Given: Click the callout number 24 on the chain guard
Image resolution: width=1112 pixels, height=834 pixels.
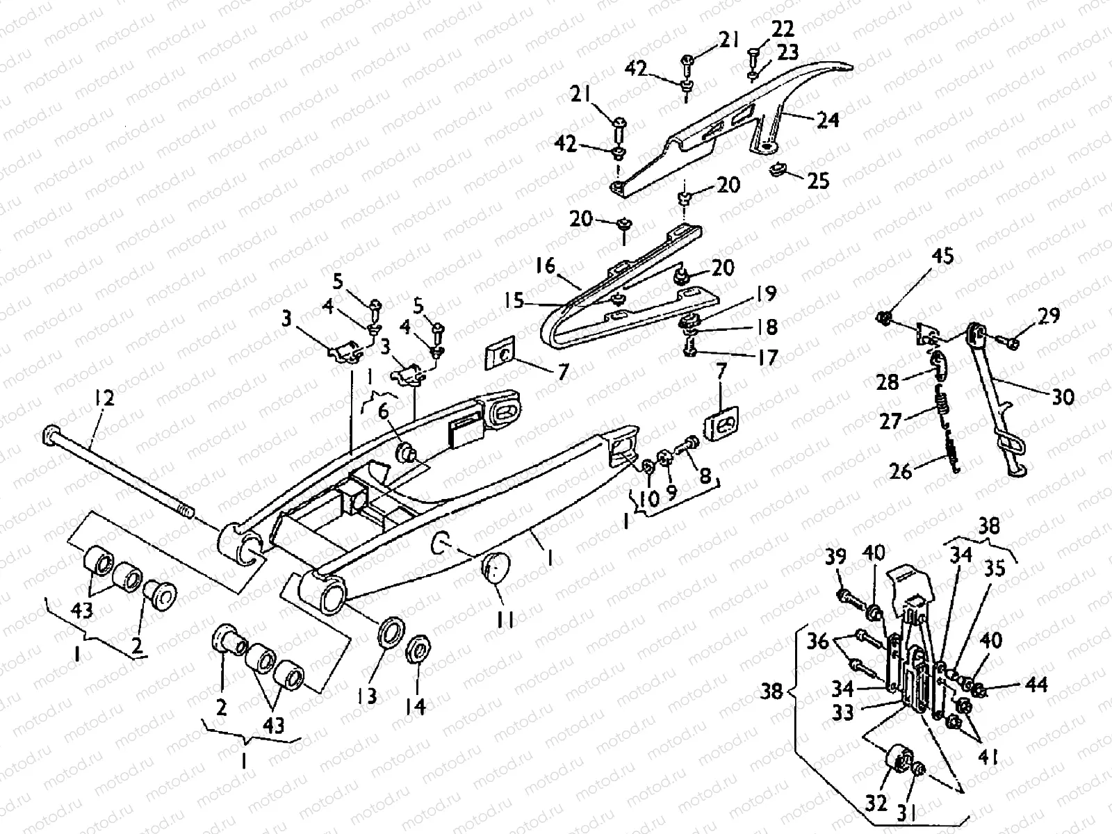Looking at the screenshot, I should click(827, 120).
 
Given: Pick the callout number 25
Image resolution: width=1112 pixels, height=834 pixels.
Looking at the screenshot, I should click(818, 181).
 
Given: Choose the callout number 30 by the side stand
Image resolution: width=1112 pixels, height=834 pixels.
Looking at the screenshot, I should click(1062, 397).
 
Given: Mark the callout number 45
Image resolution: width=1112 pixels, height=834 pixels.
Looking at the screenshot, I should click(943, 257).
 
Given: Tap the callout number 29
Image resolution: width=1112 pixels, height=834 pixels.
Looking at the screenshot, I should click(1049, 316).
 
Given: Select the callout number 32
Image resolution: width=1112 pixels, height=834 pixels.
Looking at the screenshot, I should click(877, 803).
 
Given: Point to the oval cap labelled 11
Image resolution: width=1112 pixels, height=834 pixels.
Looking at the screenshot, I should click(493, 571).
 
